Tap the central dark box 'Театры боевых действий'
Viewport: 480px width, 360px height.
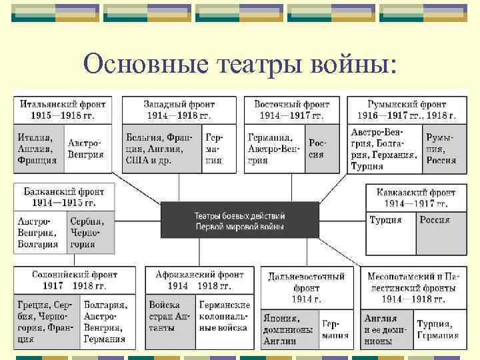240,221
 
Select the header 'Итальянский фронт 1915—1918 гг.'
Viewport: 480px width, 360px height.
63,110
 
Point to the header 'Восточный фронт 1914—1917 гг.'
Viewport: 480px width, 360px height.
291,110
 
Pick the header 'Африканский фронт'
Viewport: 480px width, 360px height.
199,280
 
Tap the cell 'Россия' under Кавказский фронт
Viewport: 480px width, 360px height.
441,233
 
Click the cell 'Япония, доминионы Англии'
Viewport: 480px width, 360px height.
290,328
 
